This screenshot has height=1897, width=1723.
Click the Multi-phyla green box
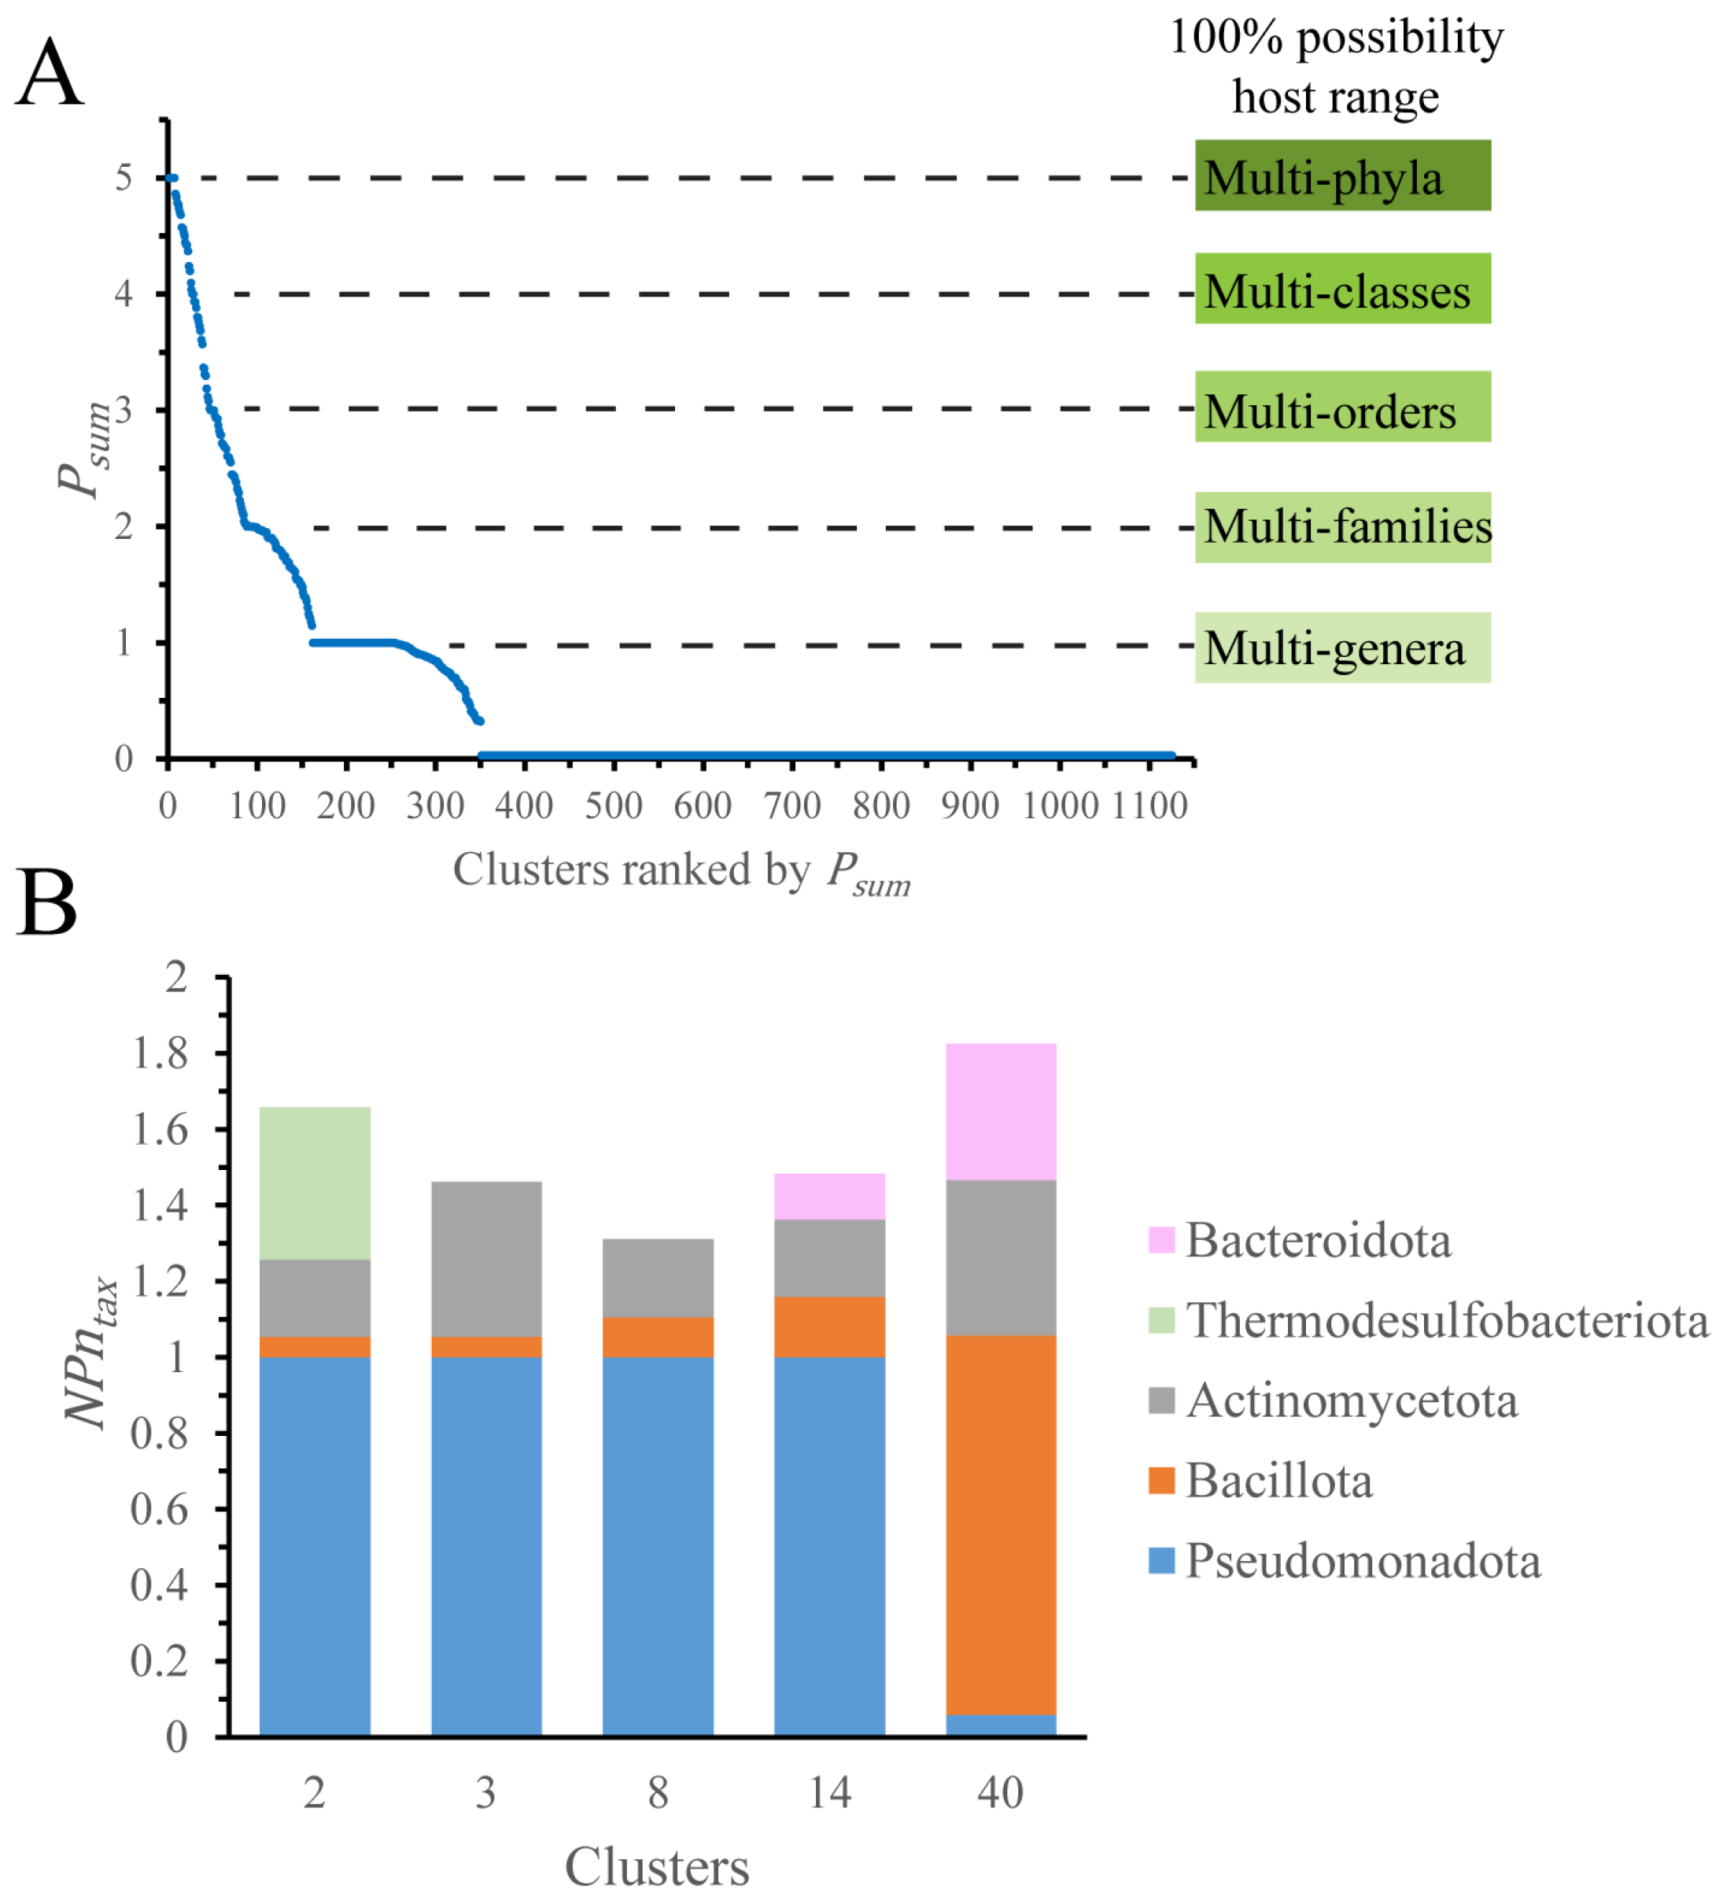point(1342,176)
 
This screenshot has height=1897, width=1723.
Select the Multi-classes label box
point(1342,289)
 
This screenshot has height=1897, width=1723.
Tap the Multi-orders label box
point(1342,407)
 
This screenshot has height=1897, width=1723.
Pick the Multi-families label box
point(1342,527)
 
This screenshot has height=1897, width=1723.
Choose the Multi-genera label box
point(1342,648)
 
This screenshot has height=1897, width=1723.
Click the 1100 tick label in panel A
point(1150,806)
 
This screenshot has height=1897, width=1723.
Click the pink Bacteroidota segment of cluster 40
point(1000,1111)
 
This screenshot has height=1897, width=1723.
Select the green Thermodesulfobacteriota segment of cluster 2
point(314,1183)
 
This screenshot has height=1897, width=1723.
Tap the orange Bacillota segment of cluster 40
point(1000,1524)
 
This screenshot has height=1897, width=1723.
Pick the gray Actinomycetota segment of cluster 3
point(485,1259)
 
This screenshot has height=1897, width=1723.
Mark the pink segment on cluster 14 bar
point(829,1196)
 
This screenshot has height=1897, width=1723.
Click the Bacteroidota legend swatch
point(1161,1240)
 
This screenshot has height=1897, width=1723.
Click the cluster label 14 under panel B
point(829,1792)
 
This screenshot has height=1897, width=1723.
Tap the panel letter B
point(47,902)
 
